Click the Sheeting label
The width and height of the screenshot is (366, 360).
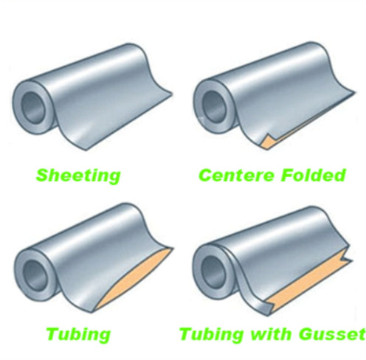point(78,176)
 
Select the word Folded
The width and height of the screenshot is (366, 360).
point(313,175)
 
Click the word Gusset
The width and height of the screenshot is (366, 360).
point(332,334)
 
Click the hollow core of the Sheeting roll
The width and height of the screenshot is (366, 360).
point(35,108)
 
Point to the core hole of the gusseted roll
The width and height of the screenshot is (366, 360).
point(213,272)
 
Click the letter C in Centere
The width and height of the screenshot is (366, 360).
point(206,176)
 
